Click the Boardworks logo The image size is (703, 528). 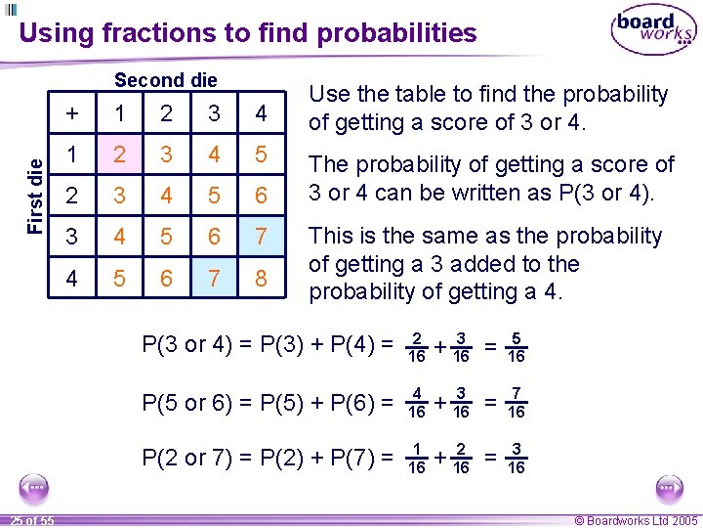tap(653, 31)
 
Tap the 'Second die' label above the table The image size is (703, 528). tap(166, 80)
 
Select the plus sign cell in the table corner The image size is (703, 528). tap(73, 113)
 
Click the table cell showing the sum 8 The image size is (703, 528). tap(260, 279)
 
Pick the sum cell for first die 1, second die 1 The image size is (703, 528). tap(119, 154)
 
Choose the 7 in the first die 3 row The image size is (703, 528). tap(260, 238)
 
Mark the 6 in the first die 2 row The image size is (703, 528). tap(260, 197)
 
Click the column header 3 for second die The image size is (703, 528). tap(213, 113)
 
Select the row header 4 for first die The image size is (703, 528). tap(73, 279)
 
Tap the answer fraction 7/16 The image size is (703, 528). tap(517, 402)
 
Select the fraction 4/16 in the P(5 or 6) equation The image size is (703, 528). tap(416, 402)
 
